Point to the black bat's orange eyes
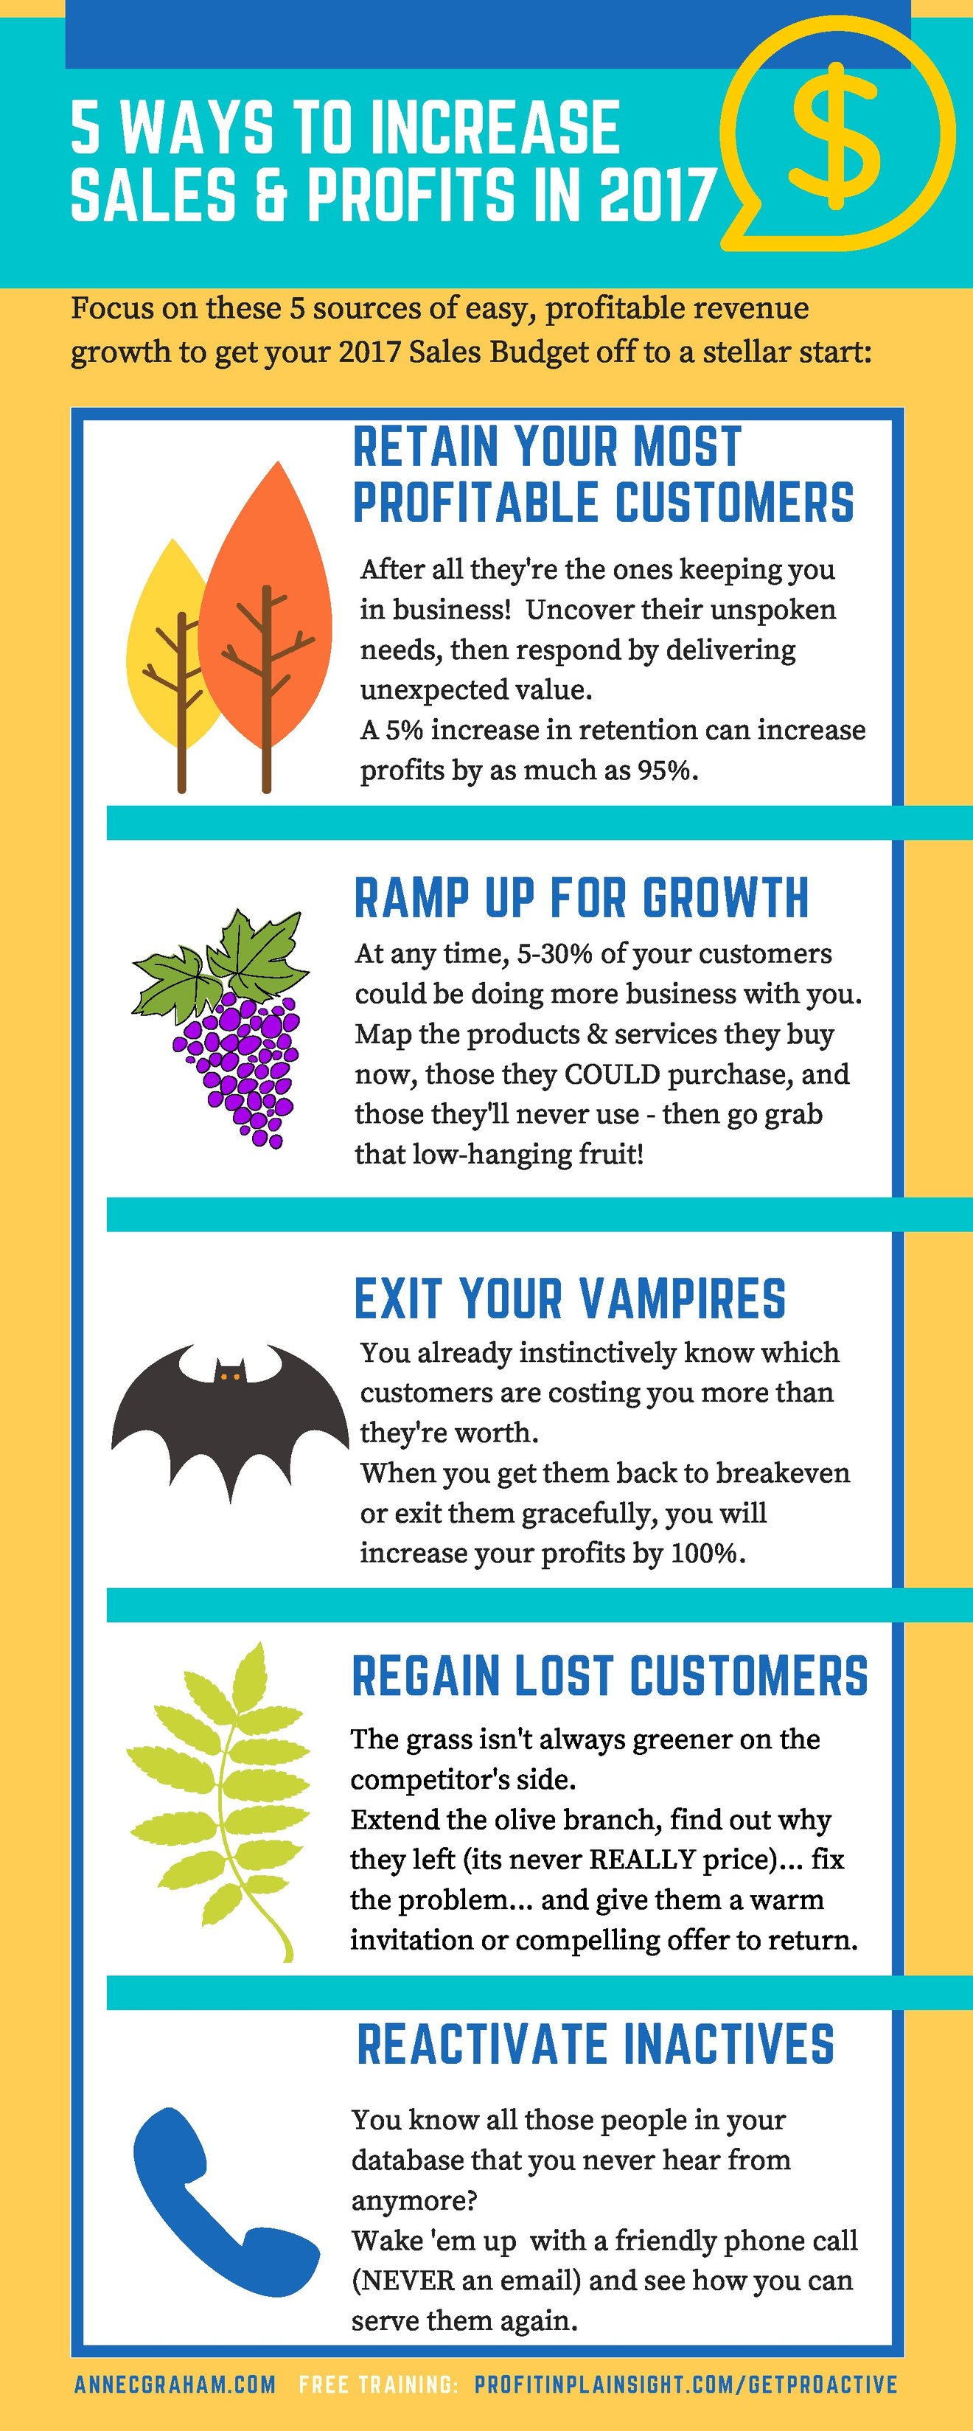(229, 1377)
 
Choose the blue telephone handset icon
(222, 2206)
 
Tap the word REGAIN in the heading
(425, 1677)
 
